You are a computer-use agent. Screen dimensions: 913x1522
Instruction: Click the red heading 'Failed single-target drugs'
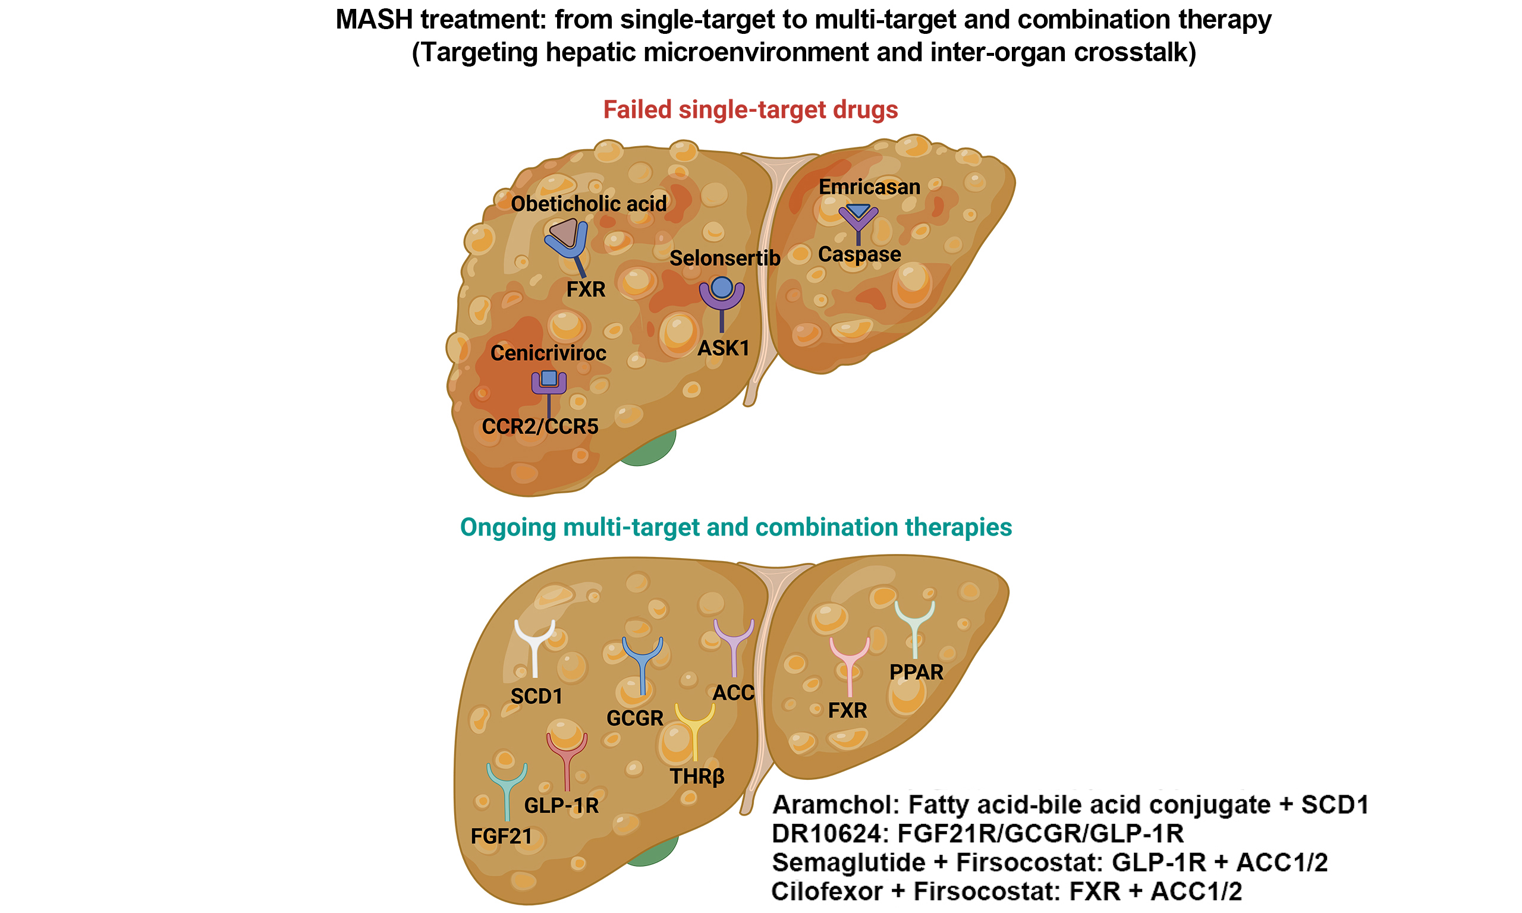(750, 110)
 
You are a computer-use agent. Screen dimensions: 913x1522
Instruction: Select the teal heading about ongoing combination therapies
(736, 527)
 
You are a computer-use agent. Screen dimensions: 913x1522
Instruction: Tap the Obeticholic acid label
(588, 204)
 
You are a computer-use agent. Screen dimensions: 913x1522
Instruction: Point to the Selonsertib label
(724, 259)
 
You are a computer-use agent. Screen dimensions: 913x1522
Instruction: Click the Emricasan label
(869, 187)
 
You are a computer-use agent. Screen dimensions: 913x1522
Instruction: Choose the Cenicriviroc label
(548, 353)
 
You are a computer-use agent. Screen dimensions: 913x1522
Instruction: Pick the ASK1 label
(723, 348)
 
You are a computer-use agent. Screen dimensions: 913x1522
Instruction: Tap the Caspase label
(859, 254)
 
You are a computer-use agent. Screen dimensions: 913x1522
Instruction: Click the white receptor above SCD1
(534, 646)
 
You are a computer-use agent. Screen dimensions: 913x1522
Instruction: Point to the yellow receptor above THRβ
(694, 729)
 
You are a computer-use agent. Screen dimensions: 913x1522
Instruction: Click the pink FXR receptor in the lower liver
(849, 665)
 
